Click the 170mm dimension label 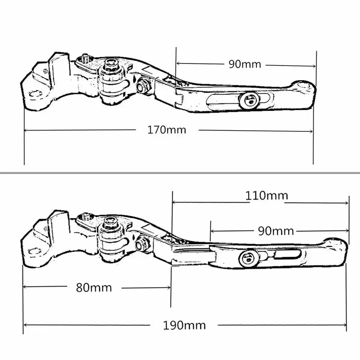[x=167, y=130]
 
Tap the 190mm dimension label [x=184, y=325]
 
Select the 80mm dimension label [x=94, y=288]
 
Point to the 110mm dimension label [x=267, y=195]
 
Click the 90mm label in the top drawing [x=244, y=64]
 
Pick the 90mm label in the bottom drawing [x=276, y=231]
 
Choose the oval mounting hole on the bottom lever [x=34, y=250]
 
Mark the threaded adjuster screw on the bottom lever [x=85, y=216]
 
